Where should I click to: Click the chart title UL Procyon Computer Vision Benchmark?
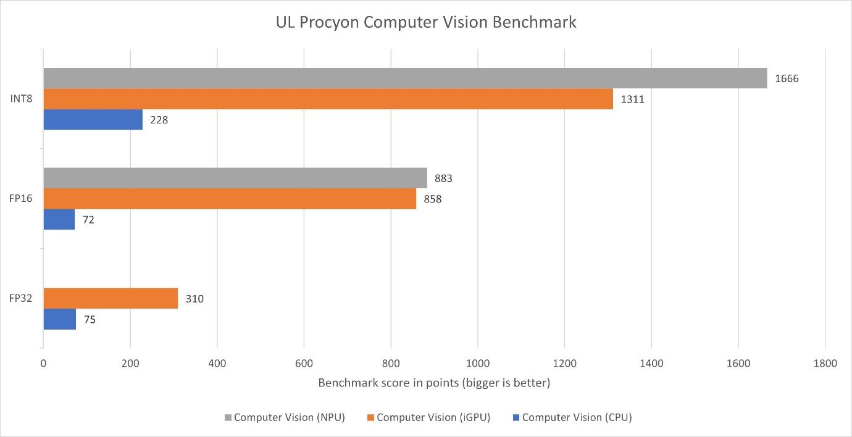(425, 23)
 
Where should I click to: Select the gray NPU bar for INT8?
(405, 78)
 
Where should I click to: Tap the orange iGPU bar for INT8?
(328, 99)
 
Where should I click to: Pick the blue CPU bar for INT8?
(93, 120)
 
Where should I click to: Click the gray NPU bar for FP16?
(235, 178)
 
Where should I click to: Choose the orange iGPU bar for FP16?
(230, 199)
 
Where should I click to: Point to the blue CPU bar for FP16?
(59, 219)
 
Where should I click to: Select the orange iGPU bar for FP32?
(111, 299)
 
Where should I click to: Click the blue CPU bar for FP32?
(60, 319)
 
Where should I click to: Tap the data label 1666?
(787, 78)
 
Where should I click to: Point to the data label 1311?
(633, 99)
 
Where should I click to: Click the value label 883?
(443, 178)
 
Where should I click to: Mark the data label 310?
(194, 299)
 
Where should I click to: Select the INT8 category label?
(22, 99)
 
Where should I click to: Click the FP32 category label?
(22, 299)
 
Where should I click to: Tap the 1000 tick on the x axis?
(477, 364)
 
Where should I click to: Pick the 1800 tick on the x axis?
(825, 364)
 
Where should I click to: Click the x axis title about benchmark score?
(434, 383)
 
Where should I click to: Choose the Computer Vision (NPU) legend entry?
(283, 417)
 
